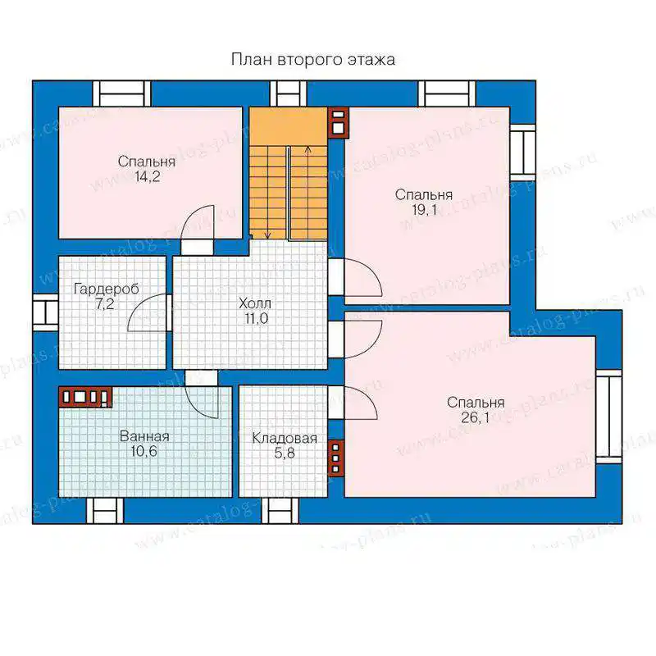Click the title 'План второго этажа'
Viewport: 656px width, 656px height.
313,59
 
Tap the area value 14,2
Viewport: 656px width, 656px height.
147,176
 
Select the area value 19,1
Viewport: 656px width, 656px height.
425,210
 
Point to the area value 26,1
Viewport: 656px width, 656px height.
476,417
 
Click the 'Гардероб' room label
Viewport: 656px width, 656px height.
107,289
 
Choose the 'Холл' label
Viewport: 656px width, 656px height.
255,303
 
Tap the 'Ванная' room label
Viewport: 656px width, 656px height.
144,436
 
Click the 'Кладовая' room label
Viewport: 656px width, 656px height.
285,439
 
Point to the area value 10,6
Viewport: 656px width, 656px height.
144,452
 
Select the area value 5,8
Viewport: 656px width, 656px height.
285,453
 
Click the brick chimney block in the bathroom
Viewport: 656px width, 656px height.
85,396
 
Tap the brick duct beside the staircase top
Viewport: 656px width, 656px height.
338,123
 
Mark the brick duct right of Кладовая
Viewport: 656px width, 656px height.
335,458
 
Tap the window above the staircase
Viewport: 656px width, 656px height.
288,93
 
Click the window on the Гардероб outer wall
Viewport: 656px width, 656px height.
45,312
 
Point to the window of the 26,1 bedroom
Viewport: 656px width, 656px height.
608,417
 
